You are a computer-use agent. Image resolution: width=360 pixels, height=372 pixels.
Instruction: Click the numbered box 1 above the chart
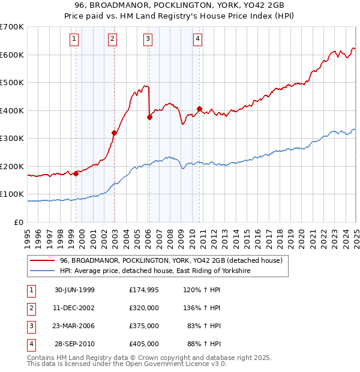(x=74, y=40)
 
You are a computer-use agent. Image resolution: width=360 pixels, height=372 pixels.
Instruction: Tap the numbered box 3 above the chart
(x=148, y=40)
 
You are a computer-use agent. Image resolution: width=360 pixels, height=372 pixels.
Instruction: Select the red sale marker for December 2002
(x=114, y=133)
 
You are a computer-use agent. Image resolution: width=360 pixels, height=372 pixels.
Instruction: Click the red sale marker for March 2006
(x=150, y=118)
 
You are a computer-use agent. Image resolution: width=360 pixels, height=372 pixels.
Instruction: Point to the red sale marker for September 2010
(x=199, y=109)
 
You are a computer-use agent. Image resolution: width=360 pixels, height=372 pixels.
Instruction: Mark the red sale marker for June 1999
(x=76, y=173)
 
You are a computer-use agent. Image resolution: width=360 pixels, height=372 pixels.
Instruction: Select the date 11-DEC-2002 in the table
(x=74, y=308)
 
